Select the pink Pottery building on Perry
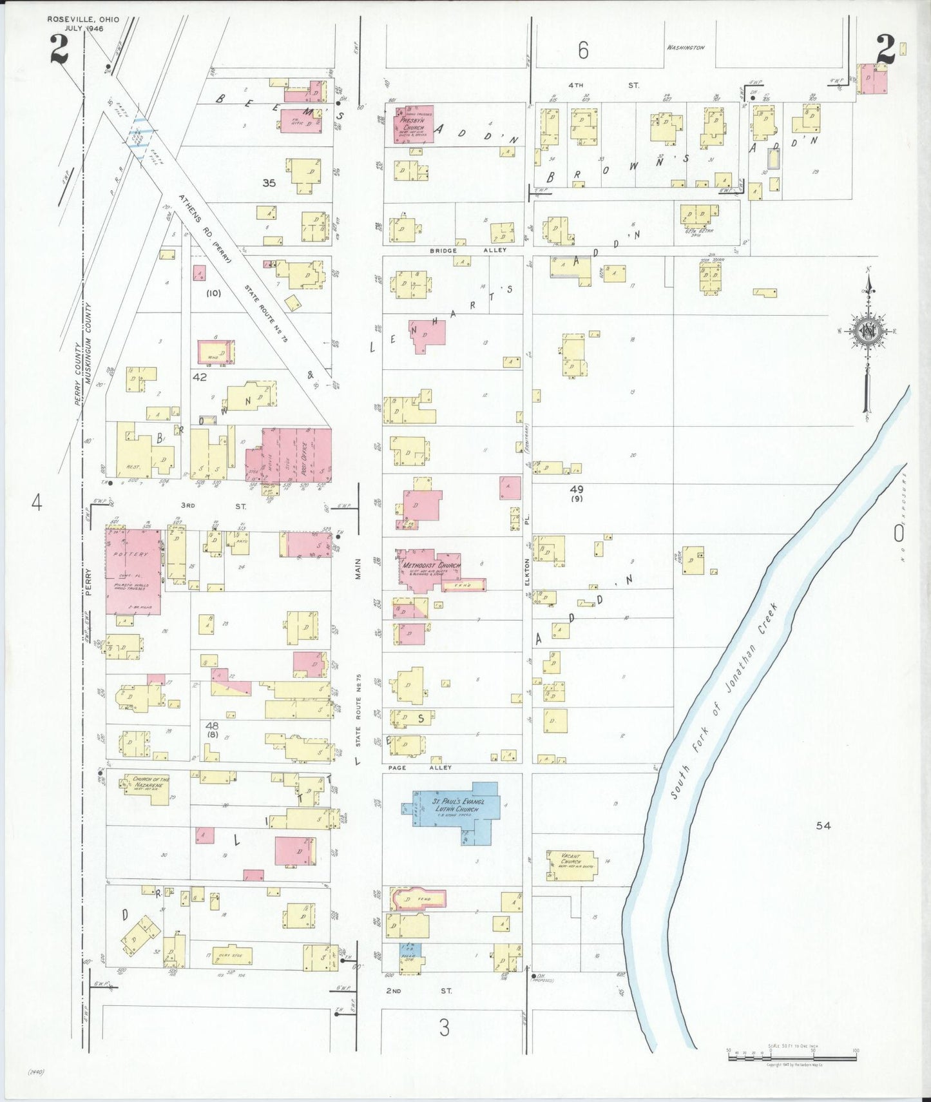pos(132,570)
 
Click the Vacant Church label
pos(571,859)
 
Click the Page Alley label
pos(419,768)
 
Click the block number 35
pos(269,183)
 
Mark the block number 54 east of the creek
pos(823,825)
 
